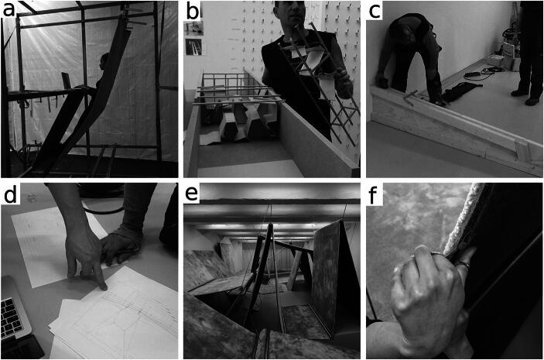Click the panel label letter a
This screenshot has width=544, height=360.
pos(9,9)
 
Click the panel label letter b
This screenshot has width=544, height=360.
pos(193,10)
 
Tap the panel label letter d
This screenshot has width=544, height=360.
pos(10,194)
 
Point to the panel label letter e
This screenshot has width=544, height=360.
pos(191,194)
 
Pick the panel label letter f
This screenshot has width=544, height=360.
pos(374,194)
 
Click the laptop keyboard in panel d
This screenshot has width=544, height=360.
pos(10,317)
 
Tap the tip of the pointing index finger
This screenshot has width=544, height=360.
pos(104,287)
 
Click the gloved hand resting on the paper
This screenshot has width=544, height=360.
pos(121,245)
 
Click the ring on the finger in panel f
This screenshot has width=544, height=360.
pos(463,265)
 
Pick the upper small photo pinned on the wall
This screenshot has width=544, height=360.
pos(193,29)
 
